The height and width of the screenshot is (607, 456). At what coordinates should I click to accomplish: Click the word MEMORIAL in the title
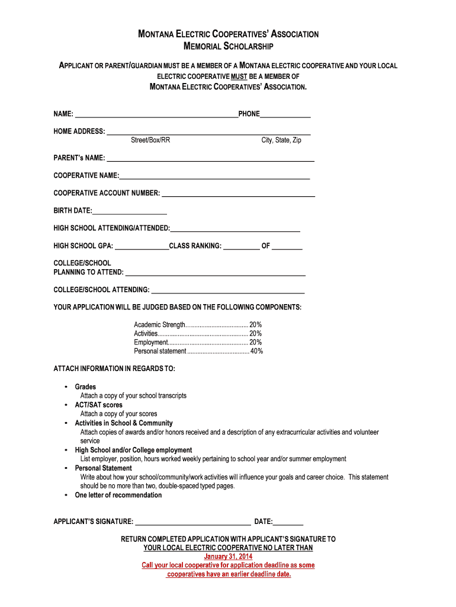205,46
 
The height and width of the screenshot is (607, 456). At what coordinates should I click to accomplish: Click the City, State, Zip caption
281,140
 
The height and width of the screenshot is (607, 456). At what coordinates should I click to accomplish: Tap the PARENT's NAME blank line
210,160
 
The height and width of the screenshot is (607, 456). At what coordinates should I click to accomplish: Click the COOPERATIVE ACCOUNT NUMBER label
107,193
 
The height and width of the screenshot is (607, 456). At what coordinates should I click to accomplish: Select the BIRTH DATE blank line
130,213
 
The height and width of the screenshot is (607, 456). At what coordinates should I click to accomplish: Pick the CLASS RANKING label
195,246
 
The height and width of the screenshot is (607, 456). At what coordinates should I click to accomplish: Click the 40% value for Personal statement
256,352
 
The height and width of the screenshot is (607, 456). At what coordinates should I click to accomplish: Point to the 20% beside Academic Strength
255,325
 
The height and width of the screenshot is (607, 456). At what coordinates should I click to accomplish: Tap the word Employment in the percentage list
151,343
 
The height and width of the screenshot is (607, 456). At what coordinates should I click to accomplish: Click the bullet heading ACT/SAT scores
98,405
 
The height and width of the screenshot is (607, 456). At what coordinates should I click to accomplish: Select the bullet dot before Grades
65,387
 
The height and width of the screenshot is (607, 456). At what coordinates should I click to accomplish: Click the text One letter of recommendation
118,495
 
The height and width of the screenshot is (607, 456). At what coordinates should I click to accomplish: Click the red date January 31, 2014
228,557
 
